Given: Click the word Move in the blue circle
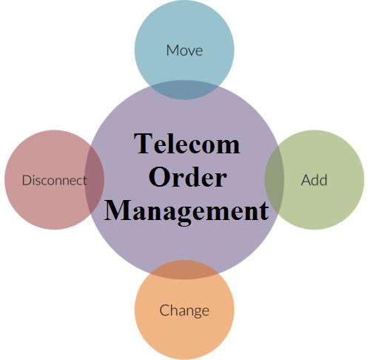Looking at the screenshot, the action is pyautogui.click(x=184, y=50).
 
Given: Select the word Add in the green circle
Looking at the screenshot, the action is pyautogui.click(x=314, y=180).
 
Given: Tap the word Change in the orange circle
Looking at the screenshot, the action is pyautogui.click(x=184, y=311).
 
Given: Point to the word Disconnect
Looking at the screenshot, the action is pyautogui.click(x=55, y=180).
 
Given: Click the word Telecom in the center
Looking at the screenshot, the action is pyautogui.click(x=186, y=144).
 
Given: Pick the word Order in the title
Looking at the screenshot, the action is pyautogui.click(x=187, y=177).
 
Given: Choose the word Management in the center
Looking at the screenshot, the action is pyautogui.click(x=186, y=213).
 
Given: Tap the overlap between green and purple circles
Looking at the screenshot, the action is pyautogui.click(x=275, y=180).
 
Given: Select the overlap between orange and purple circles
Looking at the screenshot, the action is pyautogui.click(x=184, y=270).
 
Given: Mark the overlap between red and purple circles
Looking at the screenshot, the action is pyautogui.click(x=95, y=179).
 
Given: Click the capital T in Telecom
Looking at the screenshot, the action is pyautogui.click(x=144, y=144).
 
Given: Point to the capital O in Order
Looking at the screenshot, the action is pyautogui.click(x=159, y=177).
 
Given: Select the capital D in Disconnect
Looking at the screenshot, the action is pyautogui.click(x=27, y=180).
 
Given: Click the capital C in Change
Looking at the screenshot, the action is pyautogui.click(x=164, y=310).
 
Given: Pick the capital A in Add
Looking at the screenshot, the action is pyautogui.click(x=306, y=180).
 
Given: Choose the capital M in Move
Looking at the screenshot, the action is pyautogui.click(x=173, y=50).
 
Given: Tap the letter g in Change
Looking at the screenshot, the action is pyautogui.click(x=195, y=313).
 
